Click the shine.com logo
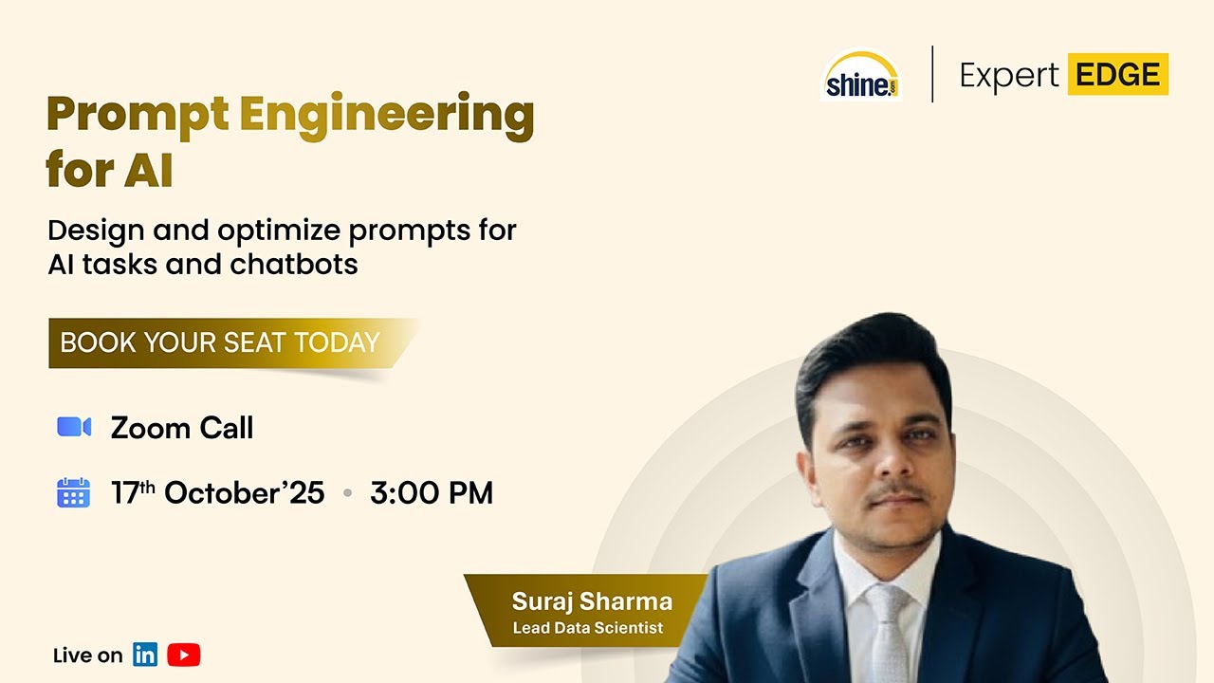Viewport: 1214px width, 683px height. pos(860,75)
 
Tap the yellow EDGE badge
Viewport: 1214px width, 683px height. pos(1117,74)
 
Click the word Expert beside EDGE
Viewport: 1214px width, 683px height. pos(1008,75)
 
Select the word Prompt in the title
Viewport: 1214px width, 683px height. pos(138,116)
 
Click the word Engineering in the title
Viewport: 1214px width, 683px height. pos(387,116)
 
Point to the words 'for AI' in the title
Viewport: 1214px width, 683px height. pos(109,169)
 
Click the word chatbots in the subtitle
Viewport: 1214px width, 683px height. pos(294,265)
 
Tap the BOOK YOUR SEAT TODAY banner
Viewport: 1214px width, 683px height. pos(233,343)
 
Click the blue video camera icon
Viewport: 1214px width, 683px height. pos(74,427)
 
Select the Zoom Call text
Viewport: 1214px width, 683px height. pos(182,428)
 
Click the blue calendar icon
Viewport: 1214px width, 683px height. pos(74,492)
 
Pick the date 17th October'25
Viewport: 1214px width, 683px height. pos(218,493)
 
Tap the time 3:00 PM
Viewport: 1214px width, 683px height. pos(432,493)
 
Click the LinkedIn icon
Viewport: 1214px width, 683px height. pos(145,655)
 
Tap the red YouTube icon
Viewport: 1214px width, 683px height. pos(184,655)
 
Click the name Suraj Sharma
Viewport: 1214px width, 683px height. pos(593,601)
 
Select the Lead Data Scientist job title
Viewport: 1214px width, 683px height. pos(588,628)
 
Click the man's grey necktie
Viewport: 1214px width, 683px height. pos(889,635)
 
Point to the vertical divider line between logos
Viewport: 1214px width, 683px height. pos(932,74)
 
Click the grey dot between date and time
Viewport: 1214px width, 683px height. pos(348,493)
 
